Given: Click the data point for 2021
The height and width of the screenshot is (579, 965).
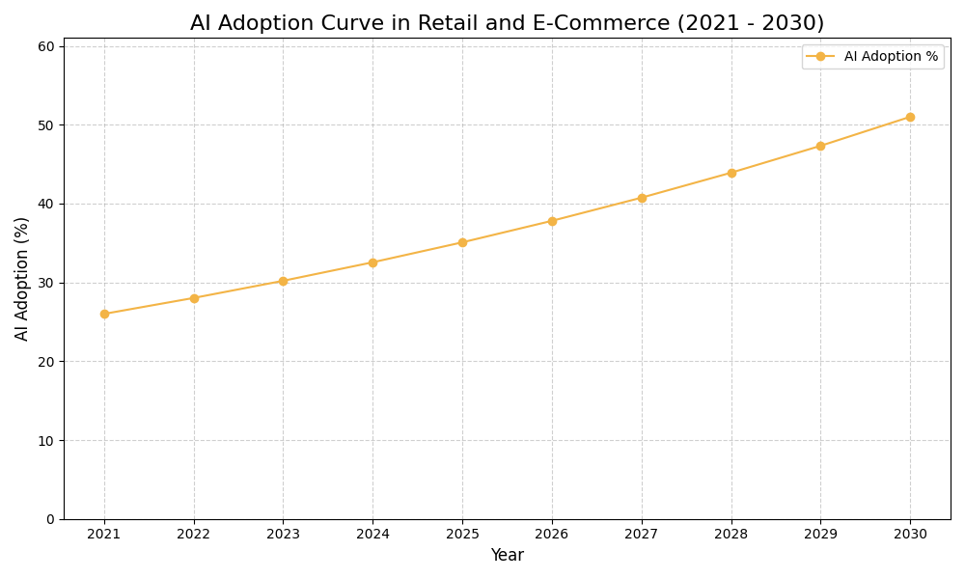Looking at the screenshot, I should click(104, 314).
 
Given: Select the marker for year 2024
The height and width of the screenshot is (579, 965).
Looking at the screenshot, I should click(372, 262).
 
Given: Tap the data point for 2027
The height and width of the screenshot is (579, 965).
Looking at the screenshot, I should click(642, 198).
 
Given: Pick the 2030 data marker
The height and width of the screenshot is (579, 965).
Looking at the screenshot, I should click(910, 117).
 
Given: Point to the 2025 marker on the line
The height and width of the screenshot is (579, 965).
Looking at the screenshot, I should click(462, 242).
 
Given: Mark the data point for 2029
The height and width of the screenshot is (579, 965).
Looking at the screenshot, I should click(820, 146).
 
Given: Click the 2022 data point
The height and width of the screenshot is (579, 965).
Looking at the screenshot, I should click(194, 298).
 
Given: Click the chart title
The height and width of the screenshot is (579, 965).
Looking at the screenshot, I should click(507, 23).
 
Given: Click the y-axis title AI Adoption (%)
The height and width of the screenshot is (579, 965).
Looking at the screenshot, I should click(22, 278).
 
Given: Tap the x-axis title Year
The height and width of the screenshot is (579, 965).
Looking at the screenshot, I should click(507, 556).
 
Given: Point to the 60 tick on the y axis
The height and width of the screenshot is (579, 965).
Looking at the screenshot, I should click(46, 46).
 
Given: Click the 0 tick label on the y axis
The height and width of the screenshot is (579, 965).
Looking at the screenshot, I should click(51, 519).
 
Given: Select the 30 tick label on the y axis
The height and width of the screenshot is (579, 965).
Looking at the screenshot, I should click(46, 283).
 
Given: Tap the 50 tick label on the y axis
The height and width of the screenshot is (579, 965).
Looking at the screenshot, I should click(46, 125).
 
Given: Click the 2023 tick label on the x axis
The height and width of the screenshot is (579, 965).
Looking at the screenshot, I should click(283, 534).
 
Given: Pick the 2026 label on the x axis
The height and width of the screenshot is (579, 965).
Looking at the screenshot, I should click(552, 534).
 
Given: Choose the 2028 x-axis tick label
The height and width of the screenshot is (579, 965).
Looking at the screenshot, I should click(731, 534).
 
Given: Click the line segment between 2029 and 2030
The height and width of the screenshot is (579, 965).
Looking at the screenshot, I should click(866, 131).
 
